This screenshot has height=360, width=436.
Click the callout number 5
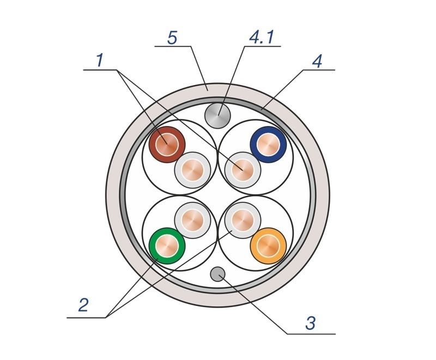pos(172,38)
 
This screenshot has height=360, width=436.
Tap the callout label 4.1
pos(262,37)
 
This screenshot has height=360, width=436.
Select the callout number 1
pos(100,60)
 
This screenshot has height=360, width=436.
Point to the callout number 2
pos(83,305)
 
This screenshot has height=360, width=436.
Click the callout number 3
pos(311,323)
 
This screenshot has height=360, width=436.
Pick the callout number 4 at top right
pos(317,61)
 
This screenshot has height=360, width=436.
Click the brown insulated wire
pos(167,145)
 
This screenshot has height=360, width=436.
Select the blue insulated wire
pos(268,145)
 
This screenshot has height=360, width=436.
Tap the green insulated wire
pos(167,246)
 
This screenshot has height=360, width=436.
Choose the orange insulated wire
pos(268,246)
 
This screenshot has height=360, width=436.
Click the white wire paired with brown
pos(192,170)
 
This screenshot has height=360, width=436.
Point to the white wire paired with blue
pos(243,170)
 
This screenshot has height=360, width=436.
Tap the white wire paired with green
pos(192,220)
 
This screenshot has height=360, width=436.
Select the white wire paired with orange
pos(243,220)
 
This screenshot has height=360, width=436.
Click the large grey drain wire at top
pos(217,116)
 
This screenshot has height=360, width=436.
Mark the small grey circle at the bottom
pos(217,274)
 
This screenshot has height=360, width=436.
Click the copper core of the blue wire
pos(268,145)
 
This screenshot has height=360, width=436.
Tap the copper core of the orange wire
pos(268,246)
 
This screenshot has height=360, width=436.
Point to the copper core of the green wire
pos(167,246)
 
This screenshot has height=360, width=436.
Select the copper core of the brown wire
pos(167,145)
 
